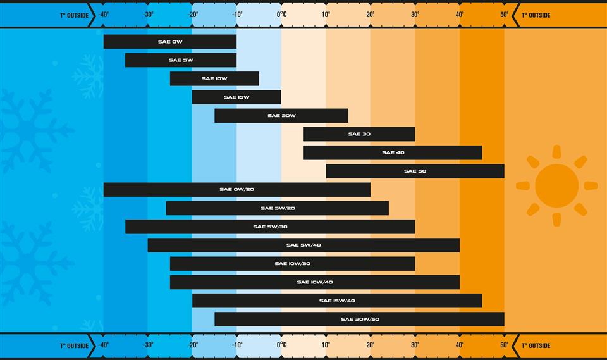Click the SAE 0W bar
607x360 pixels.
tap(170, 42)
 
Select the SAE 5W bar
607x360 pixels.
tap(181, 60)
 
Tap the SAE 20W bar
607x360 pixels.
tap(281, 116)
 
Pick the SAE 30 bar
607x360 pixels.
tap(359, 134)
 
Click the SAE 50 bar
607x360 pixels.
tap(415, 171)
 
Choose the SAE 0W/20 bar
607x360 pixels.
tap(237, 189)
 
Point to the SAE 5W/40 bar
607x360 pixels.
tap(303, 245)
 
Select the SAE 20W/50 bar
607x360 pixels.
tap(359, 319)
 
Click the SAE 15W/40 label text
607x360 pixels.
tap(337, 301)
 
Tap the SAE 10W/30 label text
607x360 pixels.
tap(292, 263)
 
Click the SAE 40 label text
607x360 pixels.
tap(393, 152)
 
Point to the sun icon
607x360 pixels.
tap(556, 185)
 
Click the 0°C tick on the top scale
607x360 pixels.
tap(282, 15)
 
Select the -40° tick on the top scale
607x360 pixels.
tap(104, 15)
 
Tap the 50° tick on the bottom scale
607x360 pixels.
tap(504, 345)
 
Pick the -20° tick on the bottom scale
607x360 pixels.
tap(192, 345)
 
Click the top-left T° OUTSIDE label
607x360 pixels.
tap(74, 15)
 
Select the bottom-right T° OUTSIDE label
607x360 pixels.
tap(536, 345)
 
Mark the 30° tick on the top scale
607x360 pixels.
tap(415, 15)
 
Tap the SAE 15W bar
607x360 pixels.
tap(236, 97)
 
